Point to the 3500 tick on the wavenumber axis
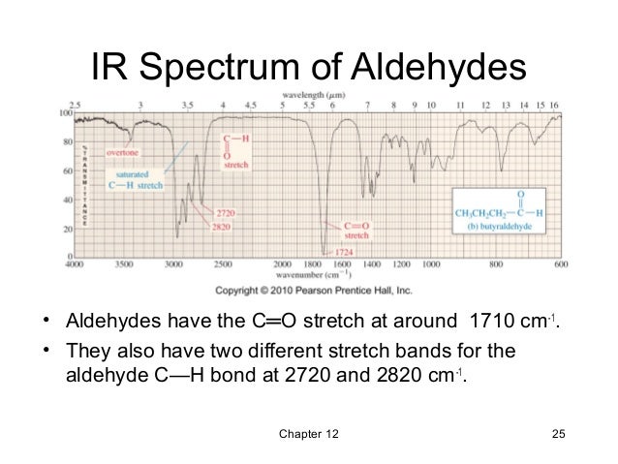click(125, 263)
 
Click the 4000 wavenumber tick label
click(73, 263)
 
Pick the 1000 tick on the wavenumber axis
click(430, 263)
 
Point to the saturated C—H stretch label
click(137, 179)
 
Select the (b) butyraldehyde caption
click(498, 227)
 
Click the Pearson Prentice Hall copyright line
click(313, 290)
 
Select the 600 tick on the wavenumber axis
click(561, 263)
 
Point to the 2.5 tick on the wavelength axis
click(74, 104)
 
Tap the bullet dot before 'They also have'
click(45, 350)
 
